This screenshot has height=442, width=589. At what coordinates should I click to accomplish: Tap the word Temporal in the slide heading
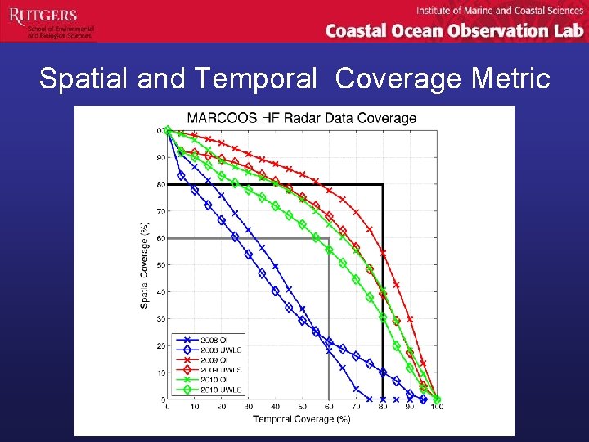coord(255,79)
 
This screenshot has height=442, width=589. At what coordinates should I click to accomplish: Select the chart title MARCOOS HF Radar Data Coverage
coord(302,118)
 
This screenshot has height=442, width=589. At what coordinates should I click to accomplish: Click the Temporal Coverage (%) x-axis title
coord(301,419)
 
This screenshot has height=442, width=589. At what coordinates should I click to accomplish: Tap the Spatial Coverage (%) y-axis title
coord(145,264)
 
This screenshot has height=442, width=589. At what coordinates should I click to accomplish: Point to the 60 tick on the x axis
coord(329,407)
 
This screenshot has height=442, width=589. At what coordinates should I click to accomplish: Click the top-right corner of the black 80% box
coord(383,185)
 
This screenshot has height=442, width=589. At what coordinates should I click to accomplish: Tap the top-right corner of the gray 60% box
coord(329,238)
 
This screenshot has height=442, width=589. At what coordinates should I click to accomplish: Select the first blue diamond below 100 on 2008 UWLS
coord(181,176)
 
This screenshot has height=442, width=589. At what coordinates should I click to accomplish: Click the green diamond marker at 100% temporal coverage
coord(437,399)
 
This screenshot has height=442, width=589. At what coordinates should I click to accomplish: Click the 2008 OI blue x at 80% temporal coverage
coord(383,399)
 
